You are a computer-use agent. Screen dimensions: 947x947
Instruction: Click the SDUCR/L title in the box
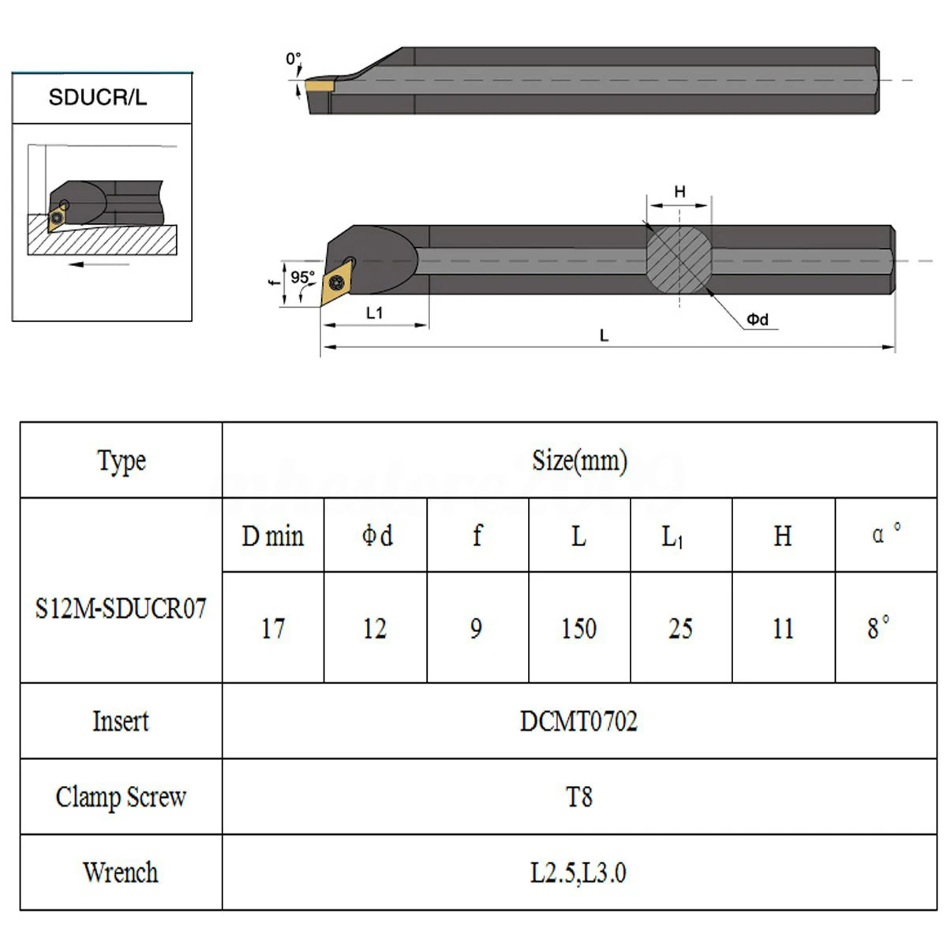97,97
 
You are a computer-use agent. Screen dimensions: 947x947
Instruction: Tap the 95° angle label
301,277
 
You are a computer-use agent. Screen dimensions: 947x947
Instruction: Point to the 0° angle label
293,58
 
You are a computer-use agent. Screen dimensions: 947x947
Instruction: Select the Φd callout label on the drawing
758,320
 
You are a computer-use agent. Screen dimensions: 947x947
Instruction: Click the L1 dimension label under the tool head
375,313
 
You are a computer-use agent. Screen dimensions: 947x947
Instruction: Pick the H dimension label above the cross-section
679,191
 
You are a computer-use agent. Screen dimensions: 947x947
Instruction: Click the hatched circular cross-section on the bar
679,260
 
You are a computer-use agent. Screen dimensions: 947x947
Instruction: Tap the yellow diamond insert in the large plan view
336,283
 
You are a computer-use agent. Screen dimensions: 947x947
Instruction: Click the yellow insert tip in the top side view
319,87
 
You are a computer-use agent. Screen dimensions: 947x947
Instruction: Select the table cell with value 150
579,628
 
